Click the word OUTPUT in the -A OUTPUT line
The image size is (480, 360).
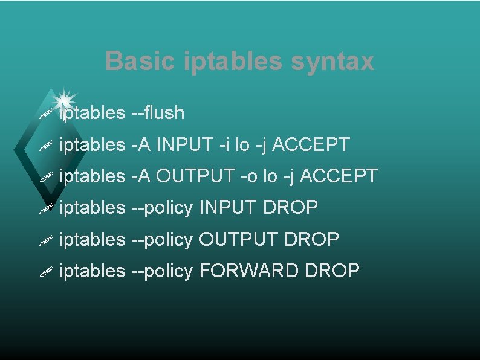coord(195,176)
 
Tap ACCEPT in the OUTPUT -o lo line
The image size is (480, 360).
coord(339,176)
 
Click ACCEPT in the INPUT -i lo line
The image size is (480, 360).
coord(310,144)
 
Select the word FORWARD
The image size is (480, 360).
coord(249,271)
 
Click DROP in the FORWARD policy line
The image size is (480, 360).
coord(332,271)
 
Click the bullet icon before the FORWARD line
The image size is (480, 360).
coord(46,272)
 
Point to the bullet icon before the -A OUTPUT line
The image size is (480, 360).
coord(46,178)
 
